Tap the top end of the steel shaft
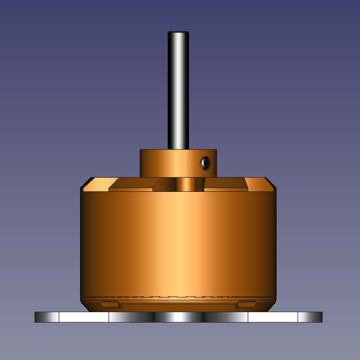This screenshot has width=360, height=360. point(178,34)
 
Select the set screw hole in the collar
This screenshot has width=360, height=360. point(205,163)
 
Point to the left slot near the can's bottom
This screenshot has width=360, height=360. point(111,304)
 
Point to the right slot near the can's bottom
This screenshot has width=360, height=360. point(246,304)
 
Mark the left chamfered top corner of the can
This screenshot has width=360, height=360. point(87,183)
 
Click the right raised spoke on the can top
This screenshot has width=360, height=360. point(224,184)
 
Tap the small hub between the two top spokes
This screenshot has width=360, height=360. point(186,184)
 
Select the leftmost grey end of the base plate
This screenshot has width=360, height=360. point(47,317)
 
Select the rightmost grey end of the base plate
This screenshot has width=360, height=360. point(310,317)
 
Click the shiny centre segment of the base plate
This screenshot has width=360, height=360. point(178,317)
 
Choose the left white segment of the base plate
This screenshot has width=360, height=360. point(84,317)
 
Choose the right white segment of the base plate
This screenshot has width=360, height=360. point(273,317)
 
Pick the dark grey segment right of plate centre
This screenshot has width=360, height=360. point(225,317)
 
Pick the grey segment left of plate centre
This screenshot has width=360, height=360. point(131,317)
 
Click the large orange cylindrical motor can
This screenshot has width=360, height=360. point(178,242)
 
